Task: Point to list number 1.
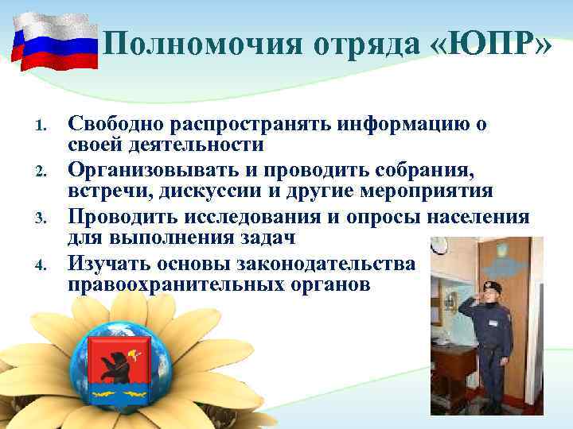click(45, 126)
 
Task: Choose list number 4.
click(45, 263)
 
